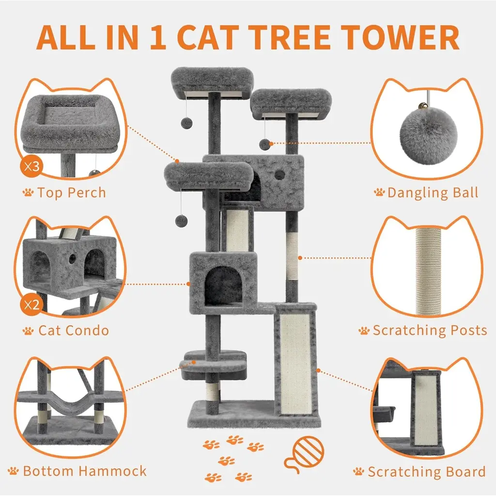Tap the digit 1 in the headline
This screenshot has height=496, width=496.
[157, 37]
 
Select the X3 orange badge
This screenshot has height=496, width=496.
[31, 166]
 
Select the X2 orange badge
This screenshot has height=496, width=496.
[31, 305]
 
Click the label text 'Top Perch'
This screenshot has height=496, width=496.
[72, 193]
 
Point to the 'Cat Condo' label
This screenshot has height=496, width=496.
[74, 330]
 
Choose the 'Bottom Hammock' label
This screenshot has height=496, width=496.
[85, 471]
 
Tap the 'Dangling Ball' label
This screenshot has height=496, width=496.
[433, 193]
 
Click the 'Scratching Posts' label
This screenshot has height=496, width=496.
[430, 330]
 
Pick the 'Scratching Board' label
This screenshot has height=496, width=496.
[426, 472]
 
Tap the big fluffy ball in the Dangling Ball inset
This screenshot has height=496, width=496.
[428, 136]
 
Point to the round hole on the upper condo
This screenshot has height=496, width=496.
[279, 174]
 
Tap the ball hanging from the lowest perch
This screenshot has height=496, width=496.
[182, 221]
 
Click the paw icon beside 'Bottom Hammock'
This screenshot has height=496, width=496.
[13, 471]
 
